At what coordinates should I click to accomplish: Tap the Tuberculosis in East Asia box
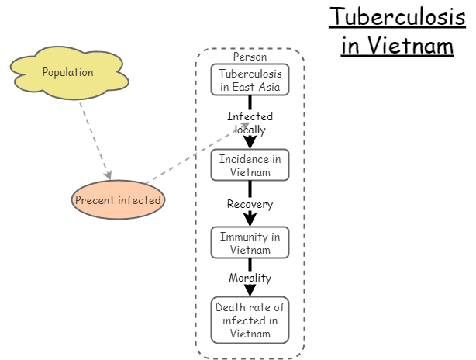click(250, 79)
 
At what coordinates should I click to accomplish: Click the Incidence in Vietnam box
click(250, 164)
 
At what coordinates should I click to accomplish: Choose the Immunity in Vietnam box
click(250, 242)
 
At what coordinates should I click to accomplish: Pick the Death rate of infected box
click(250, 319)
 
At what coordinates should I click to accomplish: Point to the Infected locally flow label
click(250, 123)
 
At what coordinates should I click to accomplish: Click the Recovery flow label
click(250, 204)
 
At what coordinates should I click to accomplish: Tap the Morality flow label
click(250, 278)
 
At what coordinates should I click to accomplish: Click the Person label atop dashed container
click(250, 57)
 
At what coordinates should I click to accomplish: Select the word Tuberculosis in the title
click(397, 16)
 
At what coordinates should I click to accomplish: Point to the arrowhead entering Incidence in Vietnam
click(250, 142)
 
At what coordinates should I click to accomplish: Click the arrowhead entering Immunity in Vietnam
click(250, 220)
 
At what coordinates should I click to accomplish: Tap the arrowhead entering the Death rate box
click(250, 290)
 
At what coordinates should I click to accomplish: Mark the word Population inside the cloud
click(67, 72)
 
